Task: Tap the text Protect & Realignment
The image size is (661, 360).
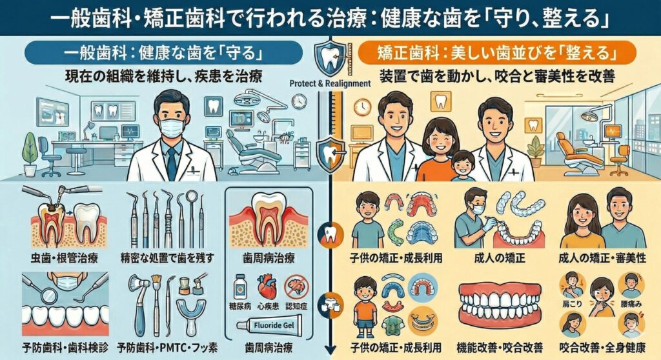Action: [330, 83]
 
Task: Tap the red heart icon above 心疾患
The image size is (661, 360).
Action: [266, 286]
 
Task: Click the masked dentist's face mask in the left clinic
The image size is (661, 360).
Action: [171, 127]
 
